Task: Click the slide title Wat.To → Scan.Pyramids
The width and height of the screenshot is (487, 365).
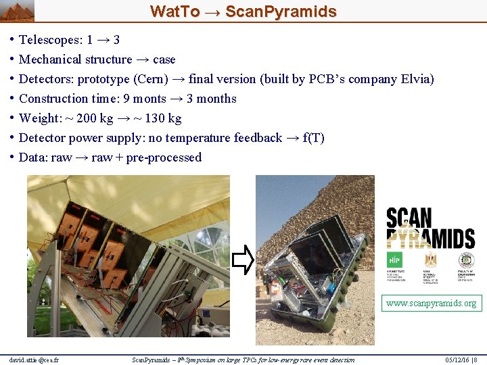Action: [x=243, y=11]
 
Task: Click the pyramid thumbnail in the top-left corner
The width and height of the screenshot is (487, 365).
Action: [x=17, y=11]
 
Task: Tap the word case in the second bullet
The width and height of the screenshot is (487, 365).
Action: [x=164, y=59]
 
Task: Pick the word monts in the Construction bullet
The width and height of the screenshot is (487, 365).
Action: [x=149, y=99]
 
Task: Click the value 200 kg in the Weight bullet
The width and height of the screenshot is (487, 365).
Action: [x=94, y=118]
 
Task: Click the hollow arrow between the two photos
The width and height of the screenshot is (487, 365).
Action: [x=243, y=260]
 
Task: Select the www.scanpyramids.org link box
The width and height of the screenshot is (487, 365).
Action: [x=431, y=303]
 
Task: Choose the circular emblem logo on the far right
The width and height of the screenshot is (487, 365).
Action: [x=466, y=260]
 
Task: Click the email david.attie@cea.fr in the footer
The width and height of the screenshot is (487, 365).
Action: [x=34, y=360]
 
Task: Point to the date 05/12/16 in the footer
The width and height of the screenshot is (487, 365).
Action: [x=455, y=360]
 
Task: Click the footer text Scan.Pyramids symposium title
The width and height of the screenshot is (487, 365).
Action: [x=243, y=360]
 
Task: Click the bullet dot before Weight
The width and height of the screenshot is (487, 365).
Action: [x=13, y=118]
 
